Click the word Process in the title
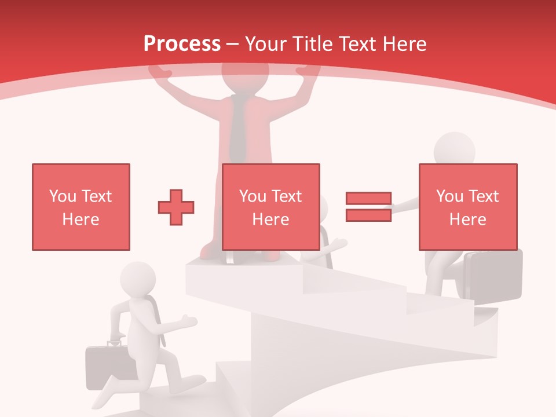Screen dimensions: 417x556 coord(182,44)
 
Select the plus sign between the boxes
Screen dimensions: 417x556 coord(176,207)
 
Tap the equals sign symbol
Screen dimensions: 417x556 coord(368,207)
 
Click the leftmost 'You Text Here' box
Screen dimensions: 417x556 coord(81,207)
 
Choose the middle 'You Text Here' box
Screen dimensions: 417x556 coord(270,207)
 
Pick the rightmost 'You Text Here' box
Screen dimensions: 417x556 coord(467,207)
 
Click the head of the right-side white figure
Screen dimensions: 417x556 coord(455,149)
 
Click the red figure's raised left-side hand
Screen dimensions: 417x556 coord(160,72)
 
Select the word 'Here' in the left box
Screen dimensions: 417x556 coord(81,220)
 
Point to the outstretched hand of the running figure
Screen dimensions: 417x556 coord(188,320)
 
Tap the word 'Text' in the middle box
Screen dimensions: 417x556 coord(287,196)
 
